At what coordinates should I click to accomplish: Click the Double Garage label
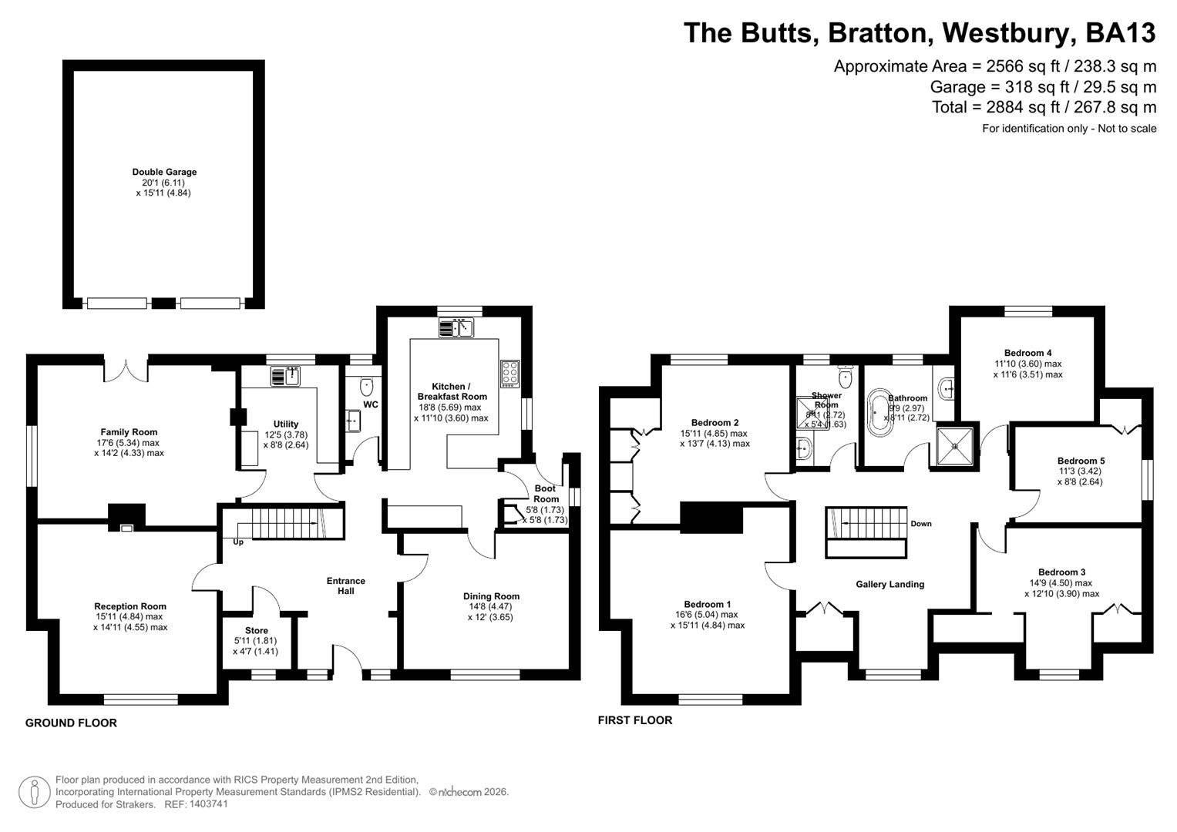[164, 172]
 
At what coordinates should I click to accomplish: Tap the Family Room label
[129, 432]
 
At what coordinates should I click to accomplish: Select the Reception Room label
[130, 606]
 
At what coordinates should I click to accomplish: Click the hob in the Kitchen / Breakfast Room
[510, 373]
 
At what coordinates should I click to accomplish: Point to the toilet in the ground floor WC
[367, 384]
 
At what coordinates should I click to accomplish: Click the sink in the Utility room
[285, 377]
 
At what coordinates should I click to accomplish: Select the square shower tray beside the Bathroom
[956, 445]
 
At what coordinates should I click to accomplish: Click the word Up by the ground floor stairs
[238, 542]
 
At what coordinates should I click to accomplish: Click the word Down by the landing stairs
[921, 524]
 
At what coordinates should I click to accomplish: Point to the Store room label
[257, 630]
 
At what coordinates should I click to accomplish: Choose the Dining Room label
[491, 595]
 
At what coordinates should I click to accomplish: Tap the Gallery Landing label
[889, 584]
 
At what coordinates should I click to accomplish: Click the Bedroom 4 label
[1028, 353]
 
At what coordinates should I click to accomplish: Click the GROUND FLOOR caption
[71, 723]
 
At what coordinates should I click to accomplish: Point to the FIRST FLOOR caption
[635, 720]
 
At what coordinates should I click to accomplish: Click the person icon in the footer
[34, 792]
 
